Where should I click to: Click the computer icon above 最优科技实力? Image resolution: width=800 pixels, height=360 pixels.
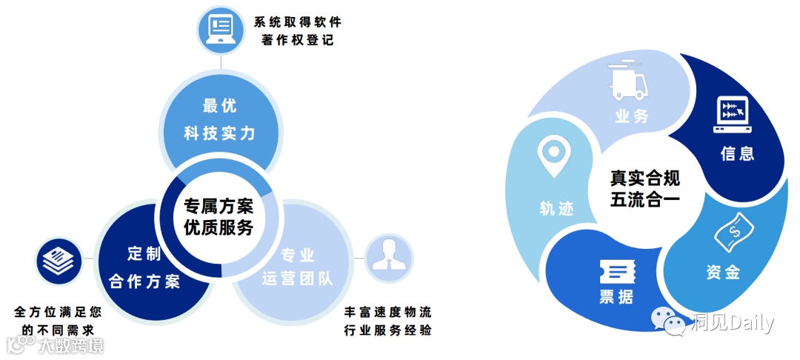click(x=220, y=30)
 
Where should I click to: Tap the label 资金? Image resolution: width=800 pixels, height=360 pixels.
click(x=723, y=272)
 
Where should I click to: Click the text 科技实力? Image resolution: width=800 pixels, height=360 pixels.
click(x=219, y=133)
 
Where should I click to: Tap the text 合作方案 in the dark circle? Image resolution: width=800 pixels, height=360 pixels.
click(x=144, y=281)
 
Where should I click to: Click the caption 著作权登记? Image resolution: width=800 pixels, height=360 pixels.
click(x=297, y=41)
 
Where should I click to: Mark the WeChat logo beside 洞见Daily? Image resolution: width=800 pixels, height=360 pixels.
click(x=668, y=322)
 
